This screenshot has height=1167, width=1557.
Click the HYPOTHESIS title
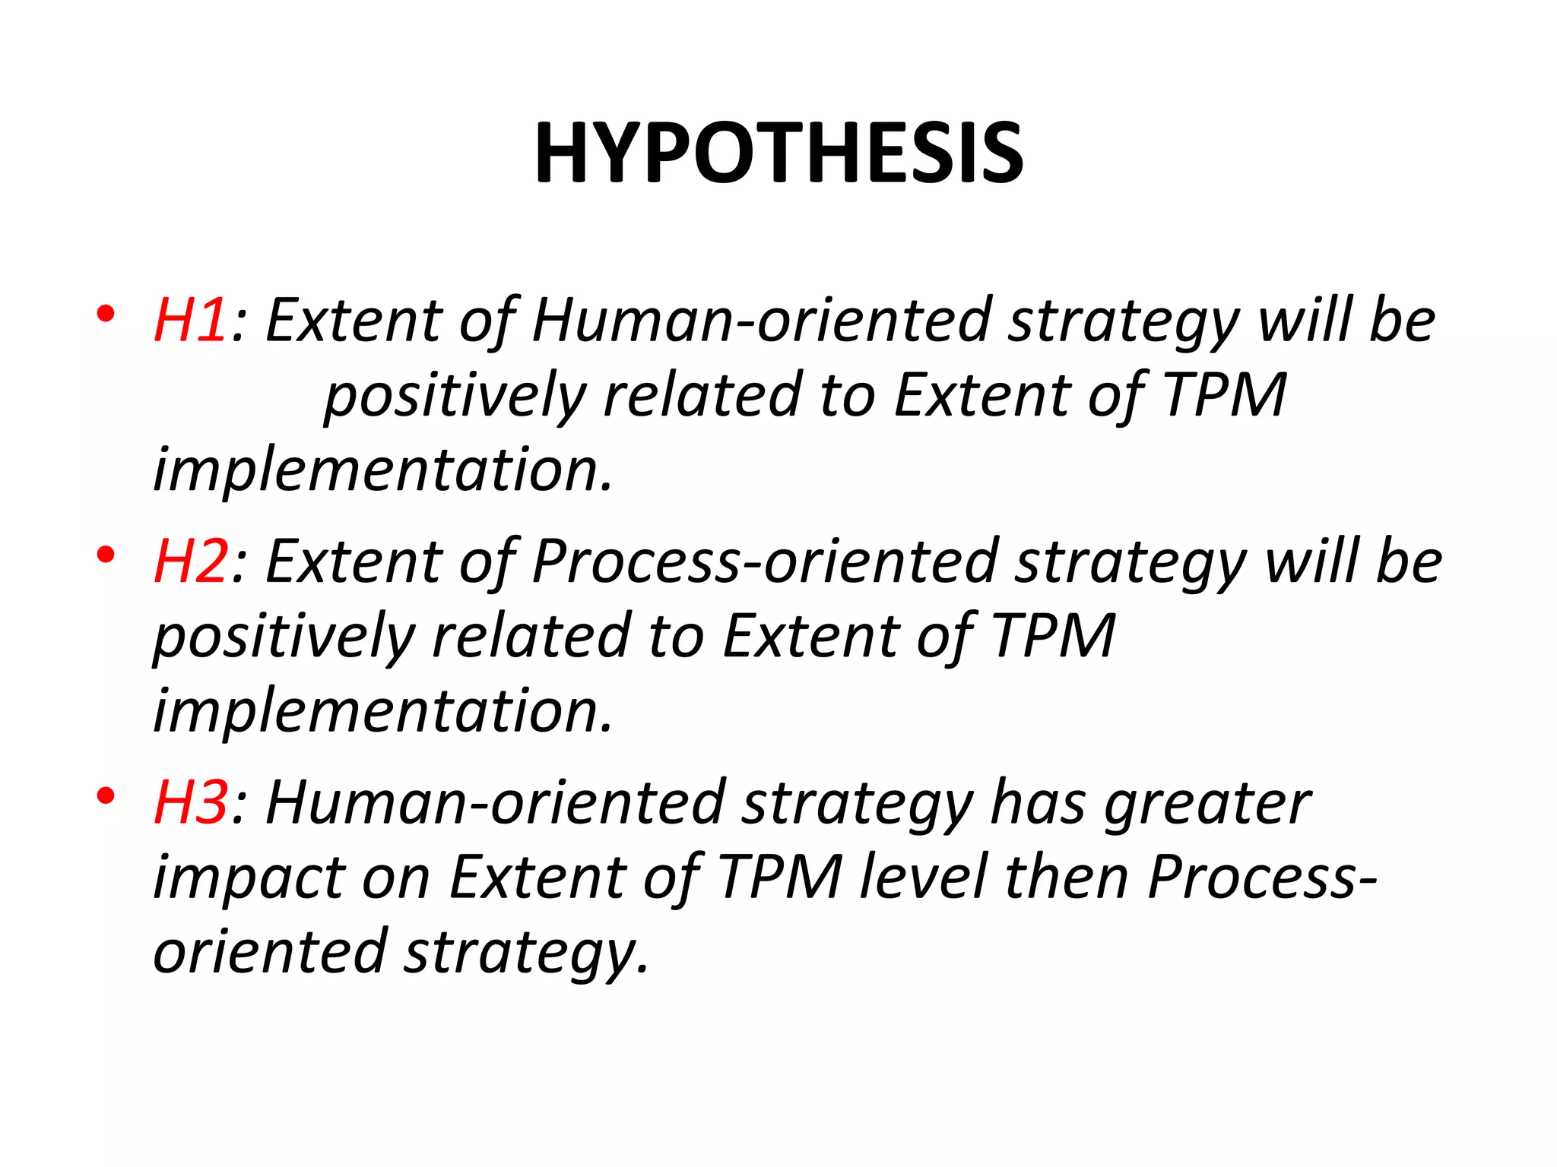(x=779, y=153)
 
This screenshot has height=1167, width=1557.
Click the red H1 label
(x=190, y=321)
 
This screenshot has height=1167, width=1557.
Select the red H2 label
(x=190, y=562)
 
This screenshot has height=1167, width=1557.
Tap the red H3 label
(x=190, y=803)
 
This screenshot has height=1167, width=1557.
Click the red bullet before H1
(x=106, y=314)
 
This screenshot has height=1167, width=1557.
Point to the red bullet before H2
(x=106, y=555)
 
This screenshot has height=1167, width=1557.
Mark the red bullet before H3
(x=106, y=796)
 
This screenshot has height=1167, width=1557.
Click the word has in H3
(x=1039, y=803)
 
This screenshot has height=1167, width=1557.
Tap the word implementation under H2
(x=382, y=712)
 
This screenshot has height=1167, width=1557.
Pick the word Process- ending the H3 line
(x=1262, y=878)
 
